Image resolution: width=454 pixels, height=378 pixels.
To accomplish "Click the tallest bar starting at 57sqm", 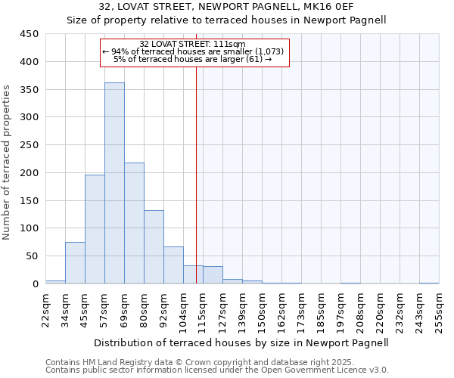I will click(114, 183).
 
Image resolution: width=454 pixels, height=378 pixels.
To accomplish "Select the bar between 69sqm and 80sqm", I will click(134, 223).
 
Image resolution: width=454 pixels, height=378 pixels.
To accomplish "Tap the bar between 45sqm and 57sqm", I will click(95, 229).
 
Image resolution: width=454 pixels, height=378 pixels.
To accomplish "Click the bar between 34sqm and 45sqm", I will click(75, 262).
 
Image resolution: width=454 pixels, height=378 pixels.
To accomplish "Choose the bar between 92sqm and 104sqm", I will click(173, 265).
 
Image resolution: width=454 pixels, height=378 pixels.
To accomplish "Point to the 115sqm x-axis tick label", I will click(203, 310).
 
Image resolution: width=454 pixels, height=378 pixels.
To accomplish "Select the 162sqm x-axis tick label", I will click(281, 310).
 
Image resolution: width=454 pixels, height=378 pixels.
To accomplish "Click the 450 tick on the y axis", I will click(30, 34).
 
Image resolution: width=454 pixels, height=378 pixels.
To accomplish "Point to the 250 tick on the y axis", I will click(30, 145).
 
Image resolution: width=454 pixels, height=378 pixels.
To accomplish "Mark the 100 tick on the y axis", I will click(30, 228).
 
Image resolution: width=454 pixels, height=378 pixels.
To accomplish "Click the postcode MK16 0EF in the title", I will click(331, 7).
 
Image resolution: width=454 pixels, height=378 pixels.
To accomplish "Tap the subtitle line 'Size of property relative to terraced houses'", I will click(227, 20).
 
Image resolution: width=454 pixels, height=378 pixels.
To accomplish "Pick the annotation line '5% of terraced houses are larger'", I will click(192, 59).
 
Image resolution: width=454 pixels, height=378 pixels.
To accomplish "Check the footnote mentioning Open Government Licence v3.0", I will click(217, 370).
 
